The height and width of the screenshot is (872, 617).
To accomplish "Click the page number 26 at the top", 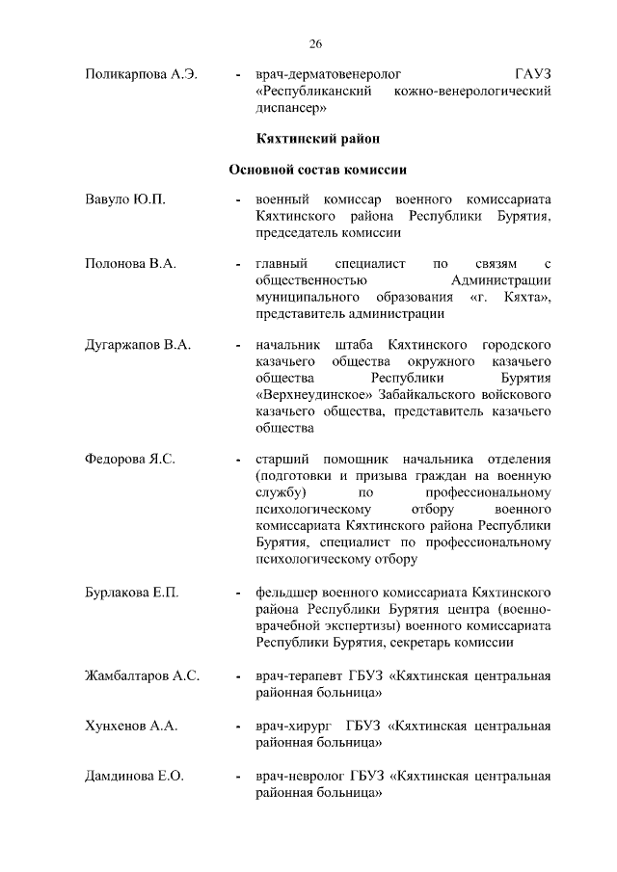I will (x=315, y=43).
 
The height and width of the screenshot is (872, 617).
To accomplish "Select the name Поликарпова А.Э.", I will (x=141, y=74).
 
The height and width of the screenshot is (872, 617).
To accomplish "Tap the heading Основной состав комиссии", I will (x=317, y=170).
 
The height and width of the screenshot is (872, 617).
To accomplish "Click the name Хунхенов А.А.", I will (x=132, y=726).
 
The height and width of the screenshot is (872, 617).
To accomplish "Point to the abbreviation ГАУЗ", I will (x=533, y=74).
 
